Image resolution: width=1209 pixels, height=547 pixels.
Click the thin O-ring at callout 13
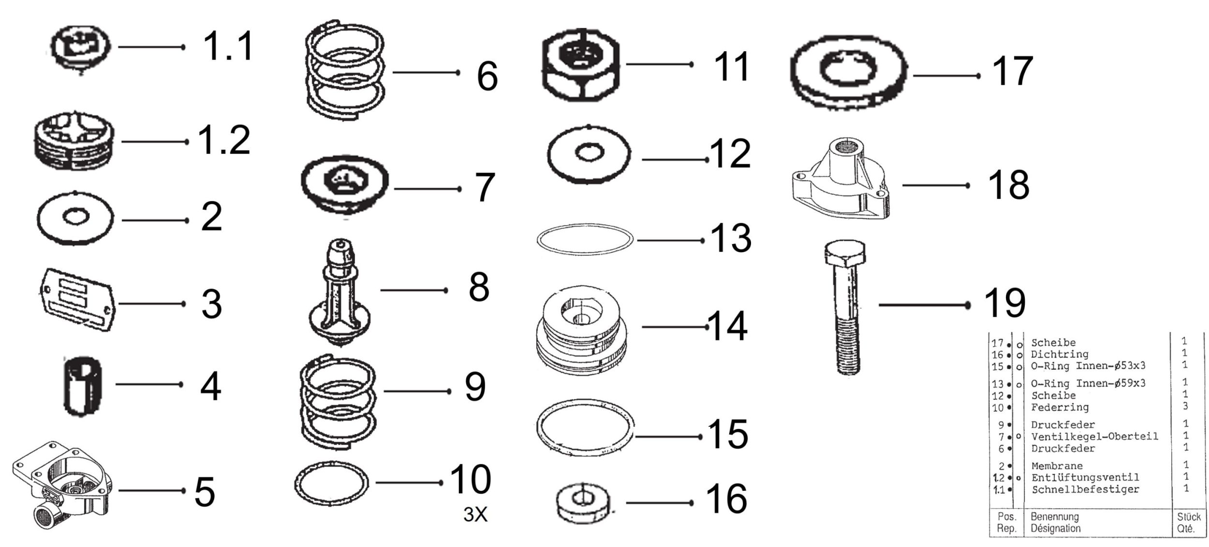tap(585, 240)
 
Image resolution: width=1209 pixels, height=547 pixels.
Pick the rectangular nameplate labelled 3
tap(77, 300)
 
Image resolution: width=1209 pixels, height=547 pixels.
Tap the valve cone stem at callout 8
tap(340, 290)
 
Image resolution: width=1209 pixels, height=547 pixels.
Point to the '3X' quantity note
tap(475, 515)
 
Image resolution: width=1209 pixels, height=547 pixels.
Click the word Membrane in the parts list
tap(1057, 466)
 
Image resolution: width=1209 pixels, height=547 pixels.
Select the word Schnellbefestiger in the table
tap(1085, 489)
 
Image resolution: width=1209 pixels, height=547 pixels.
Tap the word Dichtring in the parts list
tap(1059, 354)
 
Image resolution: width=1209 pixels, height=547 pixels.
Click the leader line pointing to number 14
tap(675, 327)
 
